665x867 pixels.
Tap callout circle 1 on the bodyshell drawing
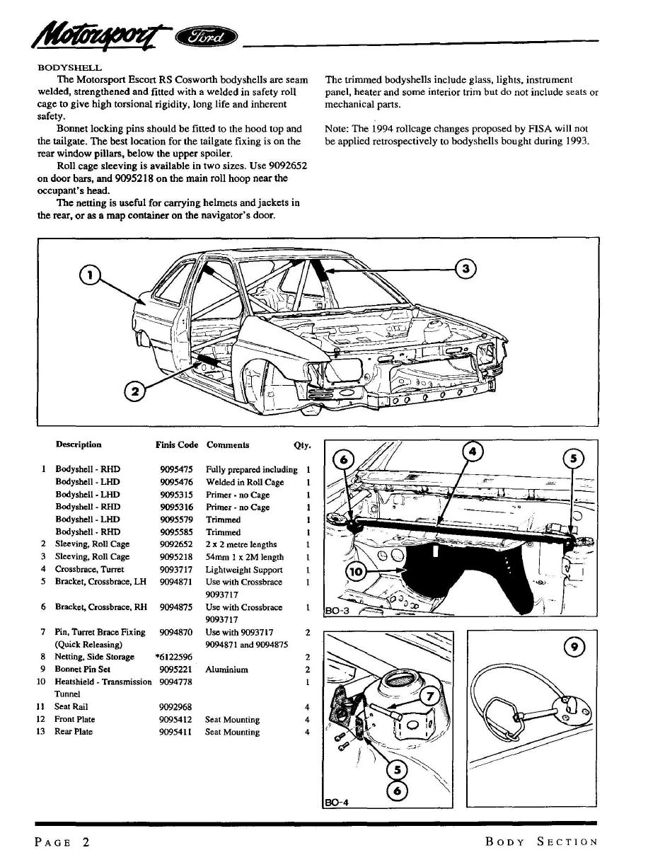tap(90, 275)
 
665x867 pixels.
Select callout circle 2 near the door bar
tap(134, 391)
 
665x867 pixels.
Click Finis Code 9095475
tap(176, 469)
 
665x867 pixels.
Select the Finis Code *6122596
tap(174, 657)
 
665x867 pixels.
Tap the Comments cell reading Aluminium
tap(226, 670)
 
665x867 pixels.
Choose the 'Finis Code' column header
tap(177, 445)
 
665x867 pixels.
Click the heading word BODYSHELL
tap(69, 68)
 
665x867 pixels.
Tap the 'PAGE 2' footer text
tap(62, 842)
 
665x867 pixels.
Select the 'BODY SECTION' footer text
tap(541, 842)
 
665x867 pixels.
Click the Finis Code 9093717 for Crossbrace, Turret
tap(176, 570)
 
